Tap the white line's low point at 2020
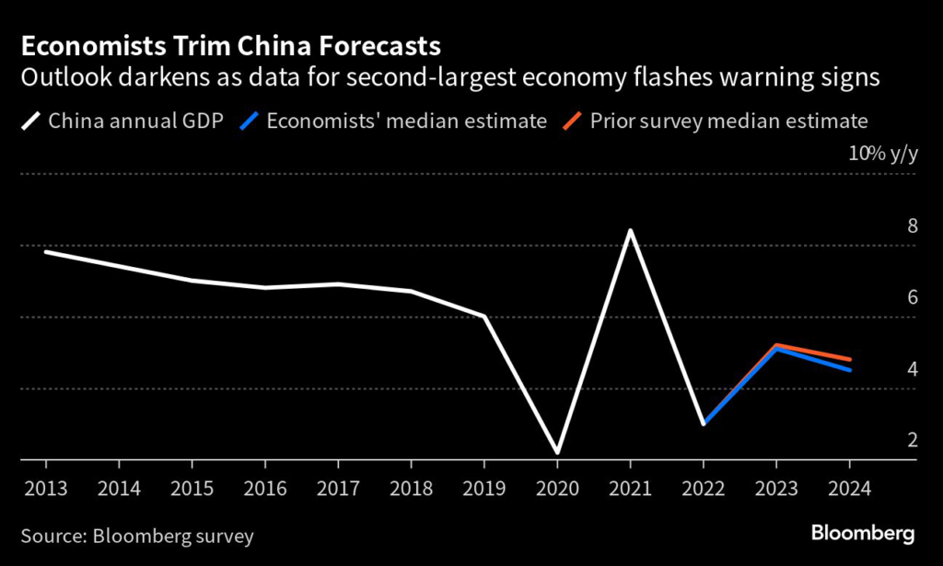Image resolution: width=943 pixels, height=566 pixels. point(557,453)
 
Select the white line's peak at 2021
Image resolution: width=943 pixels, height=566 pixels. point(631,230)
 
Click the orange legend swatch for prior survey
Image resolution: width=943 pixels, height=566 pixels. point(573,121)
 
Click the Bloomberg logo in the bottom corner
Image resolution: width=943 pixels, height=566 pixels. point(863,534)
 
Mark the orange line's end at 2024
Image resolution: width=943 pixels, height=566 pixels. point(849,359)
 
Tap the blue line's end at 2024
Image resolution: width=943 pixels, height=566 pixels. point(849,370)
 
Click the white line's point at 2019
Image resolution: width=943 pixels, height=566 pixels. point(484,317)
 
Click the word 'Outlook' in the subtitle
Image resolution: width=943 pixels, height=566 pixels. point(59,79)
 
